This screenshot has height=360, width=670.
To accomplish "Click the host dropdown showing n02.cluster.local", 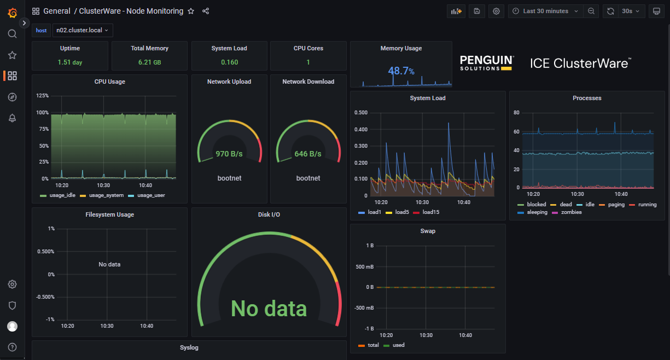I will [x=83, y=31].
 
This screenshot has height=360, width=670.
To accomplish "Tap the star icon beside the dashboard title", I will [x=191, y=11].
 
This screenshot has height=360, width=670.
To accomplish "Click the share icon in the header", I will [x=206, y=11].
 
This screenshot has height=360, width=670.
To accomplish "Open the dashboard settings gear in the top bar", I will [x=496, y=11].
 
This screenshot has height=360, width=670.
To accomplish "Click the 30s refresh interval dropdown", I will [x=630, y=11].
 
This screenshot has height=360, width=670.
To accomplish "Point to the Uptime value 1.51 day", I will [x=70, y=62].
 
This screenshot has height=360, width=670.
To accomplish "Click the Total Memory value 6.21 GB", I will [x=149, y=62].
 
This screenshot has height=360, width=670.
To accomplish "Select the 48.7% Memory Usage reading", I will [x=401, y=71].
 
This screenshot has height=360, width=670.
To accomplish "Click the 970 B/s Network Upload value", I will [x=229, y=154].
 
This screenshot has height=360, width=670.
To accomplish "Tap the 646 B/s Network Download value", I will [x=308, y=154].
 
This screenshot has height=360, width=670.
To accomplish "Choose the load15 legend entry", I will [x=430, y=212].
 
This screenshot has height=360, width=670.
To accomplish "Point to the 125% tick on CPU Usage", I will [x=42, y=96].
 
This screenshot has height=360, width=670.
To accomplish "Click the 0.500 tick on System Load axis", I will [x=360, y=113].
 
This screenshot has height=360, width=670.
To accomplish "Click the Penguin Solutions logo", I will [x=486, y=63].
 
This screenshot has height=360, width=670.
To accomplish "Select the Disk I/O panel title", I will [x=269, y=214].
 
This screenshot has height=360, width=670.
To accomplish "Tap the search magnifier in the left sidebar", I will [x=12, y=34].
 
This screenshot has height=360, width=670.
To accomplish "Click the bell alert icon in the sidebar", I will [x=12, y=118].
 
